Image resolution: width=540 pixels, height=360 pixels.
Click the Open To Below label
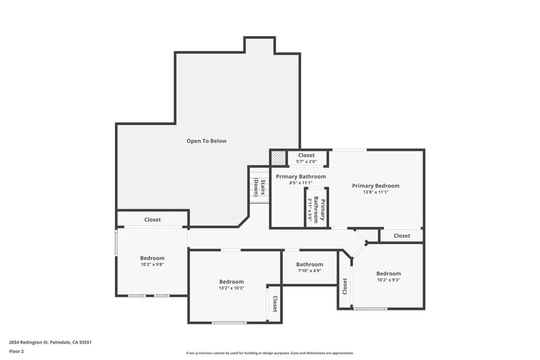[206, 141]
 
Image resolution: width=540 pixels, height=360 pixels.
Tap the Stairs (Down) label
[259, 187]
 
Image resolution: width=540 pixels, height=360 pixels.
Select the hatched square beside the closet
[278, 158]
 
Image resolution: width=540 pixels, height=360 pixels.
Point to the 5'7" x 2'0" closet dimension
[306, 161]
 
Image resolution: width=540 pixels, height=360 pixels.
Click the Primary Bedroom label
[375, 186]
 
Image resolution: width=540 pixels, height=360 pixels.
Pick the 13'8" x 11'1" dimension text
[375, 192]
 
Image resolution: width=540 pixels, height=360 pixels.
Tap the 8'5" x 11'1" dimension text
[301, 183]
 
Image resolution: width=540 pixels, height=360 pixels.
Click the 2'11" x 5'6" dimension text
[310, 210]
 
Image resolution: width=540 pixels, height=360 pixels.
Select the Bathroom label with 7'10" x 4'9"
[310, 264]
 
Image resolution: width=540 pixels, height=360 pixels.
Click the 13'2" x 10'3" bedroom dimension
[232, 288]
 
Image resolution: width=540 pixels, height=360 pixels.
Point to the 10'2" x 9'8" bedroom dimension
[152, 265]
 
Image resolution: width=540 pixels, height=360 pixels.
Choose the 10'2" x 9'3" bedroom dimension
[389, 280]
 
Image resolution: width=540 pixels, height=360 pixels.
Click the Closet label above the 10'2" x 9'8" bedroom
[152, 220]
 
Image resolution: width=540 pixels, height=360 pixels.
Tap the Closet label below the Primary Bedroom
[402, 236]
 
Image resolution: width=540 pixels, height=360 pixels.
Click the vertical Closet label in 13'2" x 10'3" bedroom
[275, 304]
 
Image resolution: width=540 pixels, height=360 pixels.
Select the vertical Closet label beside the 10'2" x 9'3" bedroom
[345, 286]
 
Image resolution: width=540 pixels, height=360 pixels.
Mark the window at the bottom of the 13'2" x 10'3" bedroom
[229, 323]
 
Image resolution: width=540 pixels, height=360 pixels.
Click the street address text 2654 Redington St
[28, 343]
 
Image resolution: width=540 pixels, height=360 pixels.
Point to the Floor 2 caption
[16, 352]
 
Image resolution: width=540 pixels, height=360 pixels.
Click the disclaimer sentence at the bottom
[270, 353]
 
